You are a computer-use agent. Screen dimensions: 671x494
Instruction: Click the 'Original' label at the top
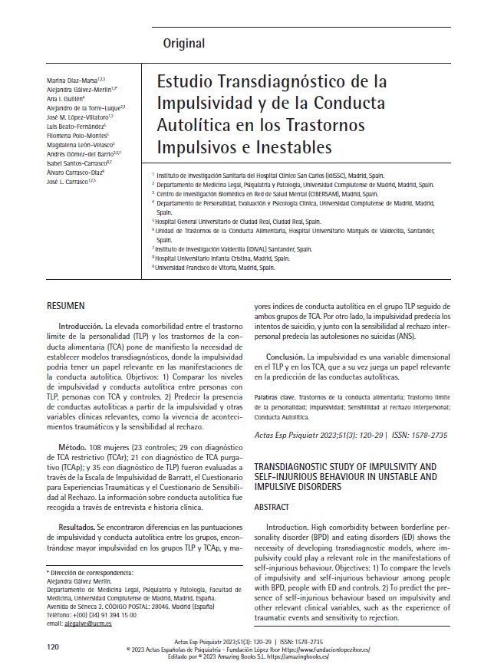pos(183,43)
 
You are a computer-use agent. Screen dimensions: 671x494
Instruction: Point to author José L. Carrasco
pos(72,181)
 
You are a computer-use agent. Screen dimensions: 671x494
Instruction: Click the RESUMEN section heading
pos(66,306)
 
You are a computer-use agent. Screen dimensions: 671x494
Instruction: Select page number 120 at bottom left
pos(53,647)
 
